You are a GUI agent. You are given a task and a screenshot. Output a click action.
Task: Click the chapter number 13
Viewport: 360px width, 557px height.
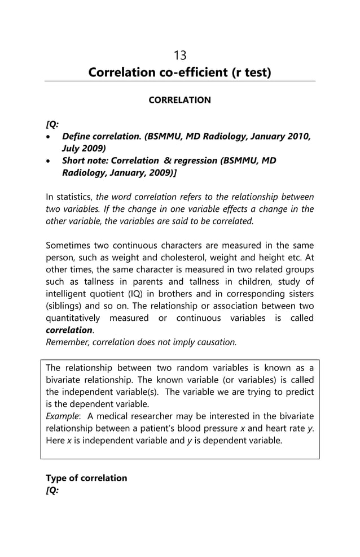tap(180, 55)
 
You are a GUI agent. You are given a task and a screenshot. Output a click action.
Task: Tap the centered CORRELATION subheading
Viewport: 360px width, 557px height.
tap(179, 100)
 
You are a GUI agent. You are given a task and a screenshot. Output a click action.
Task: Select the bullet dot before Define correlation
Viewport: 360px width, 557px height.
tap(50, 137)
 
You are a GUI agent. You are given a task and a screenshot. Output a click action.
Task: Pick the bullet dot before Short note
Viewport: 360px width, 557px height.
tap(50, 161)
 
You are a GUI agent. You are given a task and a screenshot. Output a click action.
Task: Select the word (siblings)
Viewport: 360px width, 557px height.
tap(64, 306)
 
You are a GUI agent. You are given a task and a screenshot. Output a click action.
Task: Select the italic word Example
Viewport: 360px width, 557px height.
tap(62, 416)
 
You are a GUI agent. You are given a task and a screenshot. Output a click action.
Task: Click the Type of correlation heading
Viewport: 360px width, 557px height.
tap(86, 478)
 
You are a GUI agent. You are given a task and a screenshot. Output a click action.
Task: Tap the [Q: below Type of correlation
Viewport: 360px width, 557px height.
tap(52, 490)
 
